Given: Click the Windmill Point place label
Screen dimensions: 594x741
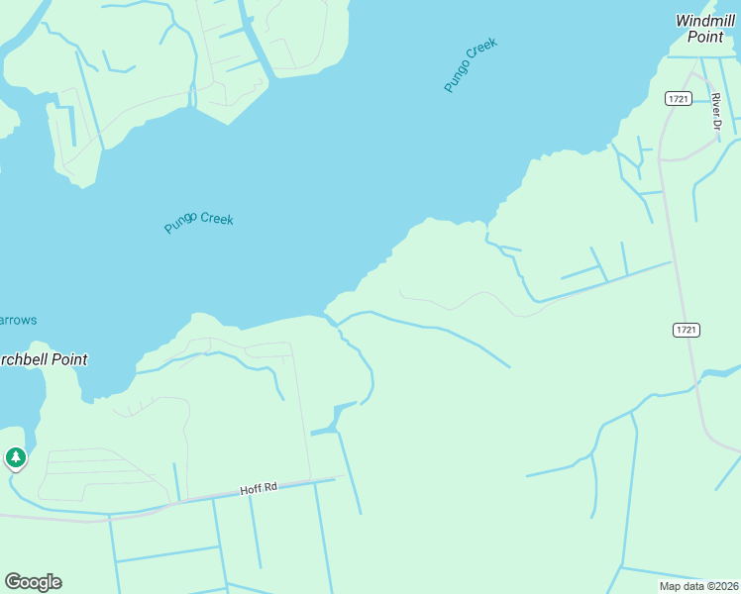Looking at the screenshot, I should click(x=707, y=28).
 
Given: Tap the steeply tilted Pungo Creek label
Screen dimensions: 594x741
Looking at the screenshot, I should click(x=470, y=65).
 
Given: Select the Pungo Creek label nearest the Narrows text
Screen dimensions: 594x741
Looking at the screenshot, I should click(x=199, y=222).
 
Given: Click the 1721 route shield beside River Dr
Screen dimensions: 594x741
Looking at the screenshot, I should click(x=678, y=97).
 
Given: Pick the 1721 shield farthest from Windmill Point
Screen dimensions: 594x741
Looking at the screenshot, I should click(x=687, y=330).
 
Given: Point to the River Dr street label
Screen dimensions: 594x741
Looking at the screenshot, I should click(x=715, y=111).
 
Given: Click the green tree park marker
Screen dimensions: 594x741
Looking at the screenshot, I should click(x=15, y=457).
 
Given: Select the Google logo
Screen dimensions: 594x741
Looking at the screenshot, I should click(x=33, y=582).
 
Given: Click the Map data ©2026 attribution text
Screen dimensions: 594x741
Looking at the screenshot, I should click(x=699, y=586).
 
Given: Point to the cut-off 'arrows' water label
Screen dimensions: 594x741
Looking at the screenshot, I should click(x=18, y=320).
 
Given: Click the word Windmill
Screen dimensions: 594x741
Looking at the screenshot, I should click(x=707, y=20).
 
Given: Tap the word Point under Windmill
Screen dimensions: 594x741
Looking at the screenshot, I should click(x=707, y=37).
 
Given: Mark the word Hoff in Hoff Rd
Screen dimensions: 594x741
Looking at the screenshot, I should click(x=249, y=490).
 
